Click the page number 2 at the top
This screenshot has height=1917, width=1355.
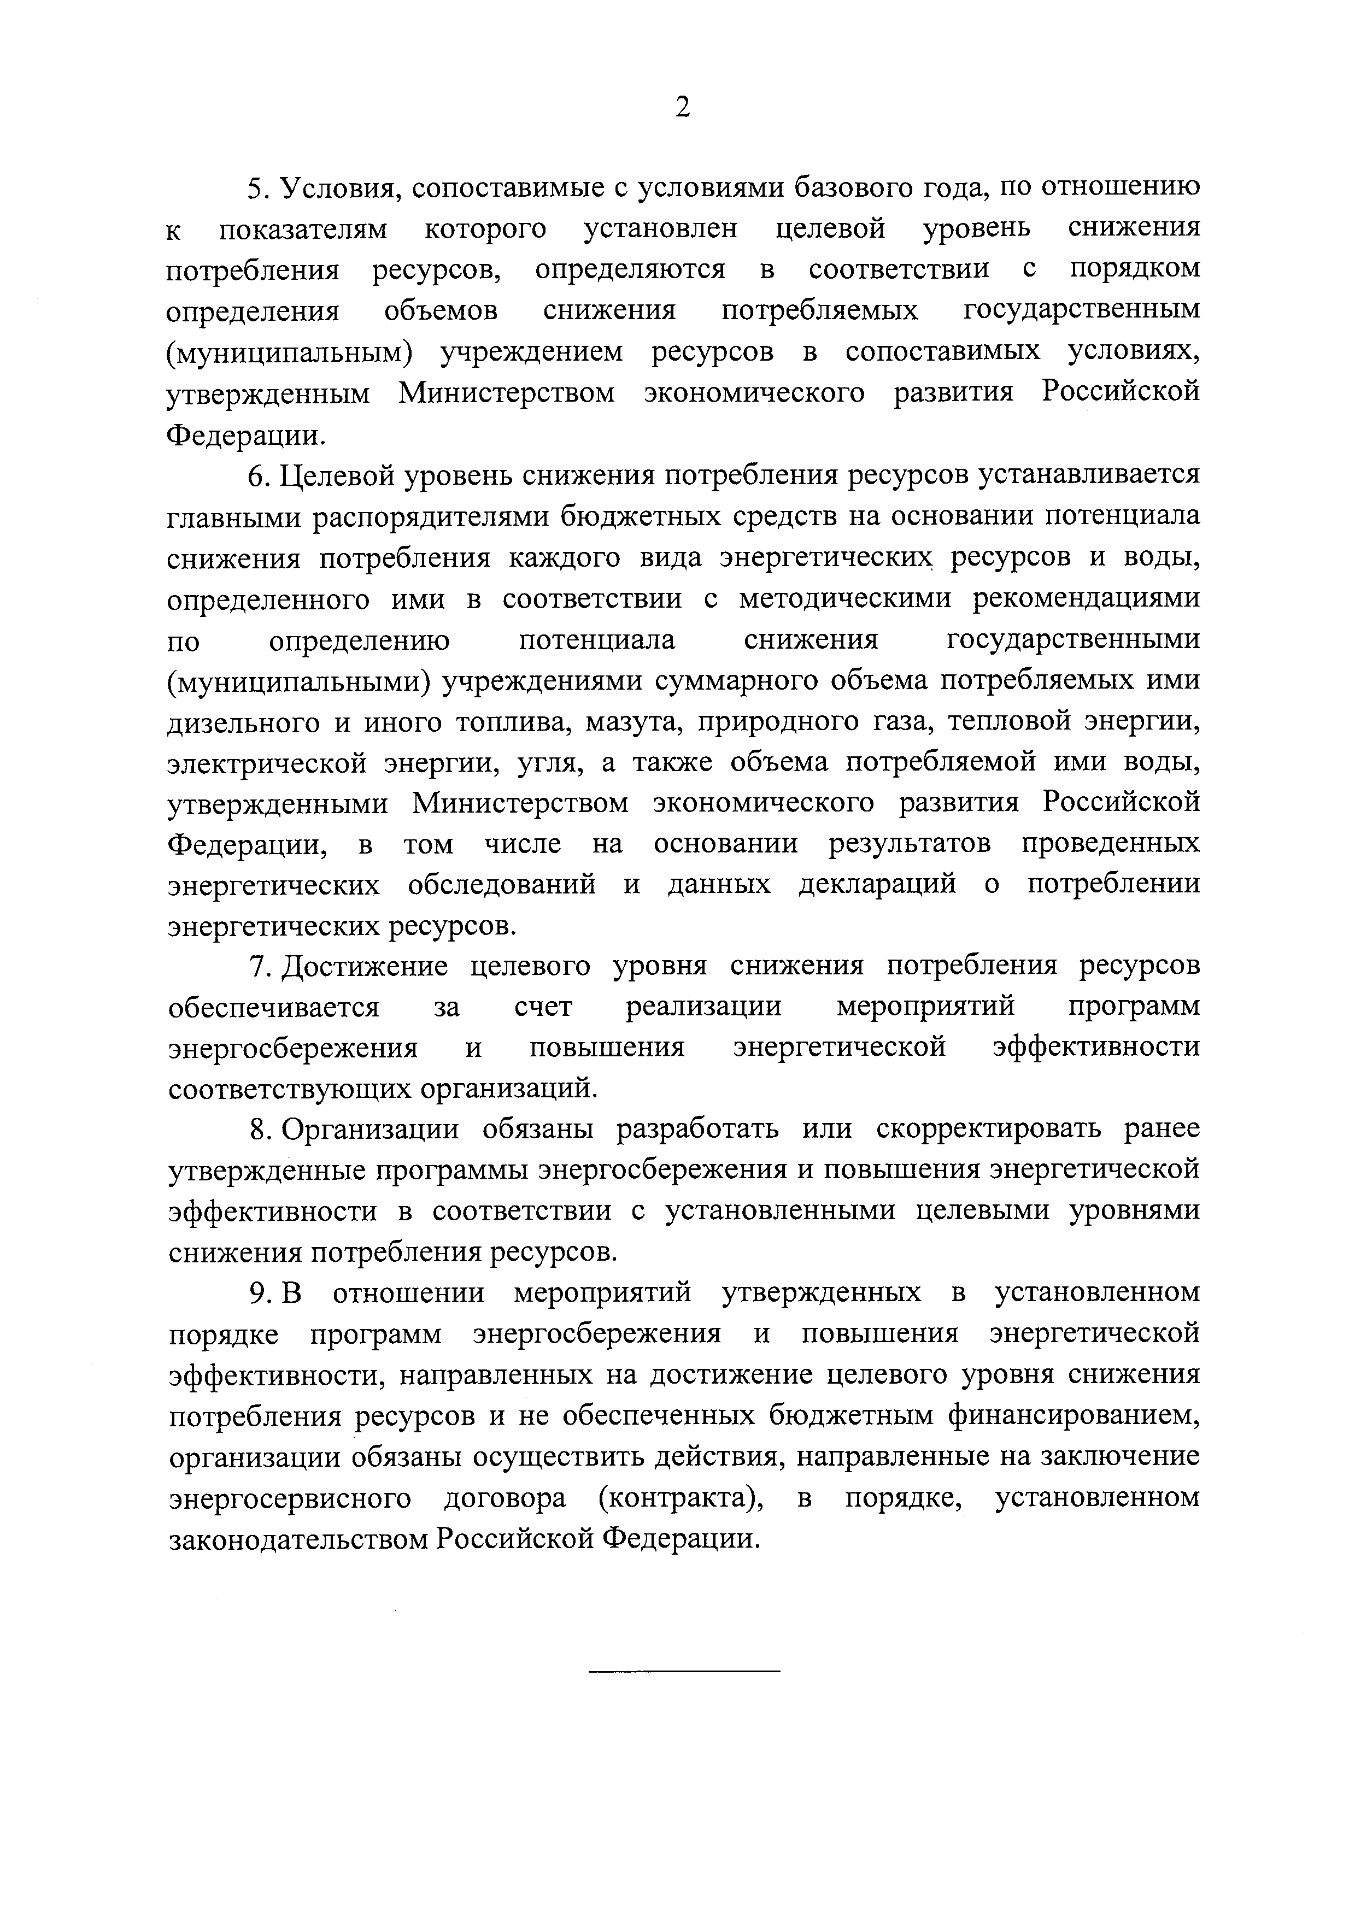pyautogui.click(x=682, y=108)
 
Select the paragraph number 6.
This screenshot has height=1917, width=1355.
pyautogui.click(x=257, y=476)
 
